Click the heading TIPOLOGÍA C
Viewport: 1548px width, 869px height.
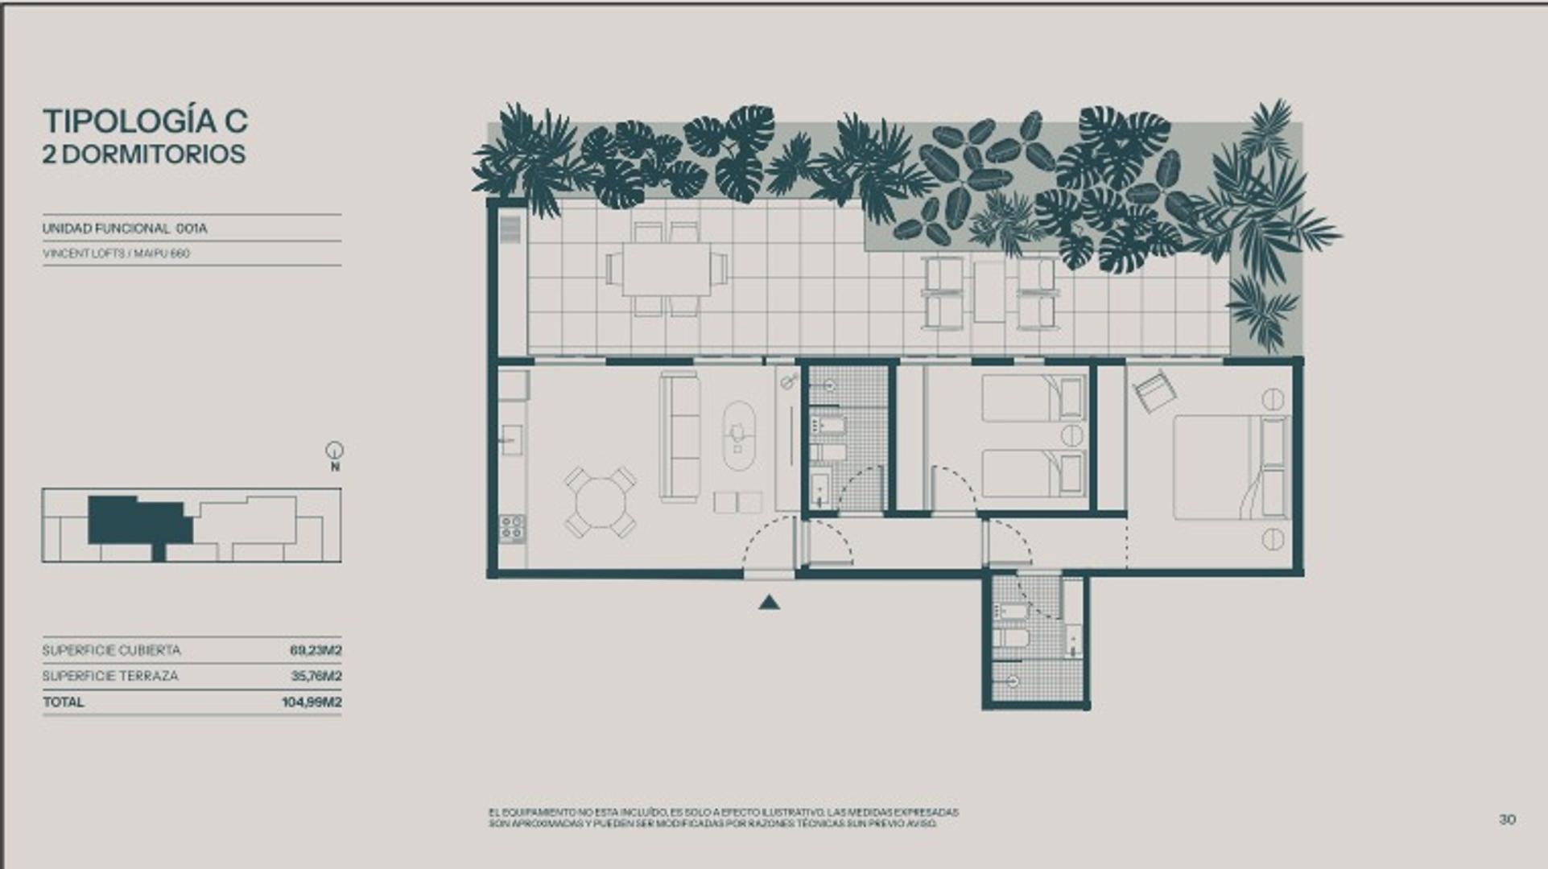point(145,121)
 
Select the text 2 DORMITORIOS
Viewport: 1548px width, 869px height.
point(144,154)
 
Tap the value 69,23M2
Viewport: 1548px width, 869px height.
point(316,650)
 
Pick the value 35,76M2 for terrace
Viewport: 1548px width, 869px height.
point(316,676)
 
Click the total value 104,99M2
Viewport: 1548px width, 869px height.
point(312,702)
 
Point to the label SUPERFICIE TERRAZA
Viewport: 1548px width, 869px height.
point(110,676)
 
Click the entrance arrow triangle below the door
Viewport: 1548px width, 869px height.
point(769,602)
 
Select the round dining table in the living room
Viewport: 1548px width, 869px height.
point(600,502)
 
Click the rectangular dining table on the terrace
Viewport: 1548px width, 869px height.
point(667,269)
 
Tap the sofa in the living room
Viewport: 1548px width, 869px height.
point(679,436)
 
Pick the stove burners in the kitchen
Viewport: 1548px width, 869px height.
point(512,528)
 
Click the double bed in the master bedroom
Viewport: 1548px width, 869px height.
point(1230,467)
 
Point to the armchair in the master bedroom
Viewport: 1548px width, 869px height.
point(1154,391)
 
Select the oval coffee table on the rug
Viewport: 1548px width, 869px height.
point(738,435)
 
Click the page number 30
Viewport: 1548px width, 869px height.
point(1507,819)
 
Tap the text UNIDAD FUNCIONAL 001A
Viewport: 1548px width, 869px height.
point(125,229)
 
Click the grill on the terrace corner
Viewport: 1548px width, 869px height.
point(510,229)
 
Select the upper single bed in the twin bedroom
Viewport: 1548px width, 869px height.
point(1033,398)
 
